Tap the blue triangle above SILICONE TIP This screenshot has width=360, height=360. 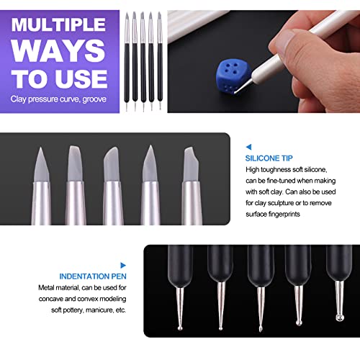click(x=248, y=145)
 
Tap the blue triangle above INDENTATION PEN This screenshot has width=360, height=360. click(x=123, y=264)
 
